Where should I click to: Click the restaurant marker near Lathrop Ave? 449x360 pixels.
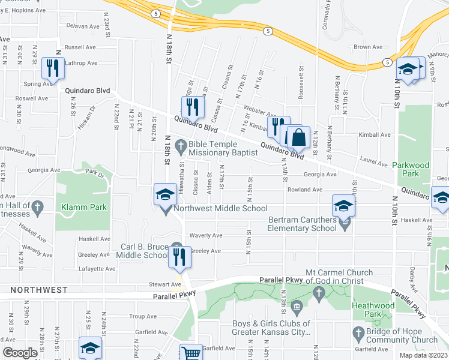coord(53,68)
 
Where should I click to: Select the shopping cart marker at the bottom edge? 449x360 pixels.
coord(191,353)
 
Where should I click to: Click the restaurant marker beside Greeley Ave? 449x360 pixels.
coord(179,257)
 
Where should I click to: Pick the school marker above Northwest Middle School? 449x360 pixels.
coord(166,194)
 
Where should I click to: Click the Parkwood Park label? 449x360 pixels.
coord(411,164)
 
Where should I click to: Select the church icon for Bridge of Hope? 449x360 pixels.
coord(358,332)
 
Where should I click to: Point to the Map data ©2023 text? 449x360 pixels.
coord(423,355)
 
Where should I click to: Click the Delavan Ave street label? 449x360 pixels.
coord(82,26)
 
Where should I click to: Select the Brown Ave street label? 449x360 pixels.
coord(368,47)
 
